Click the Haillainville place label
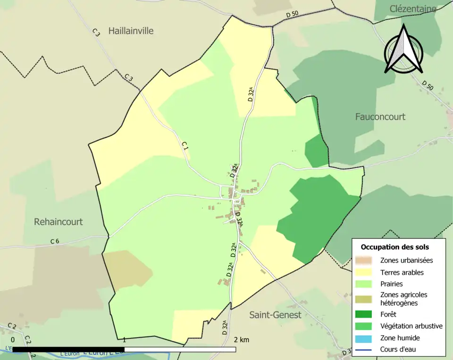pos(131,31)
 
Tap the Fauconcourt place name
pos(380,117)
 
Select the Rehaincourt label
pos(58,221)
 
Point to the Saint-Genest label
pos(275,315)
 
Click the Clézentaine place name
pos(413,8)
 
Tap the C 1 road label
pos(185,147)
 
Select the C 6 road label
pos(55,242)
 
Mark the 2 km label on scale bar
pos(241,340)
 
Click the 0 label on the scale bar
pos(12,340)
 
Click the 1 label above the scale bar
pos(124,340)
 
